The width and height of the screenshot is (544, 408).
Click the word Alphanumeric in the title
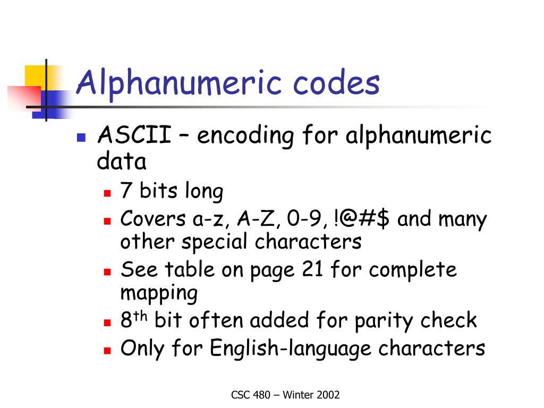coord(179,83)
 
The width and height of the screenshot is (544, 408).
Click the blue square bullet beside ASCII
coord(81,138)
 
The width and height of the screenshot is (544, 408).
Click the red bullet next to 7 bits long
coord(107,193)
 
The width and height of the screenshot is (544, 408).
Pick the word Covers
coord(152,219)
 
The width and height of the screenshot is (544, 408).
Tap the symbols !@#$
coord(361,219)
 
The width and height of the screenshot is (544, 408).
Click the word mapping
coord(159,293)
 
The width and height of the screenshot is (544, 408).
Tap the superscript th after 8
coord(140,316)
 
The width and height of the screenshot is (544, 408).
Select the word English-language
coord(291,348)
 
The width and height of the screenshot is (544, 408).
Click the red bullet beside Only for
coord(107,351)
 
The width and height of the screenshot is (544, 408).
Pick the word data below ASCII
coord(122,161)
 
